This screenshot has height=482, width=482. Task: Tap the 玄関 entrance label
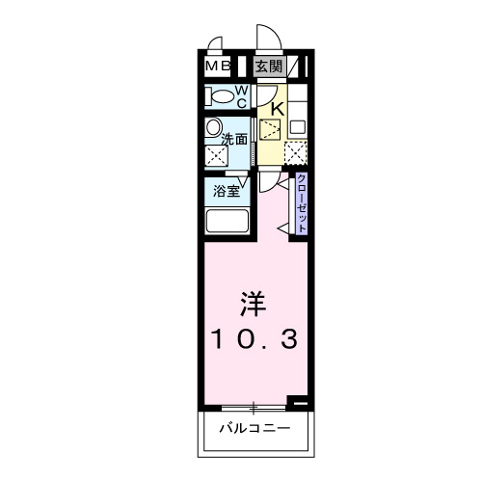tap(269, 67)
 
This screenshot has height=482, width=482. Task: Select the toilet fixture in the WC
tap(220, 96)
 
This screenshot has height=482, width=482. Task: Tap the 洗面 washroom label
tap(235, 139)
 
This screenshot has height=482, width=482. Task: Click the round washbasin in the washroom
tap(212, 128)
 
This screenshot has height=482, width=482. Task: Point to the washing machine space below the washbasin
tap(213, 154)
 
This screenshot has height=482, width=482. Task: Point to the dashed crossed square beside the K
tap(271, 129)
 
